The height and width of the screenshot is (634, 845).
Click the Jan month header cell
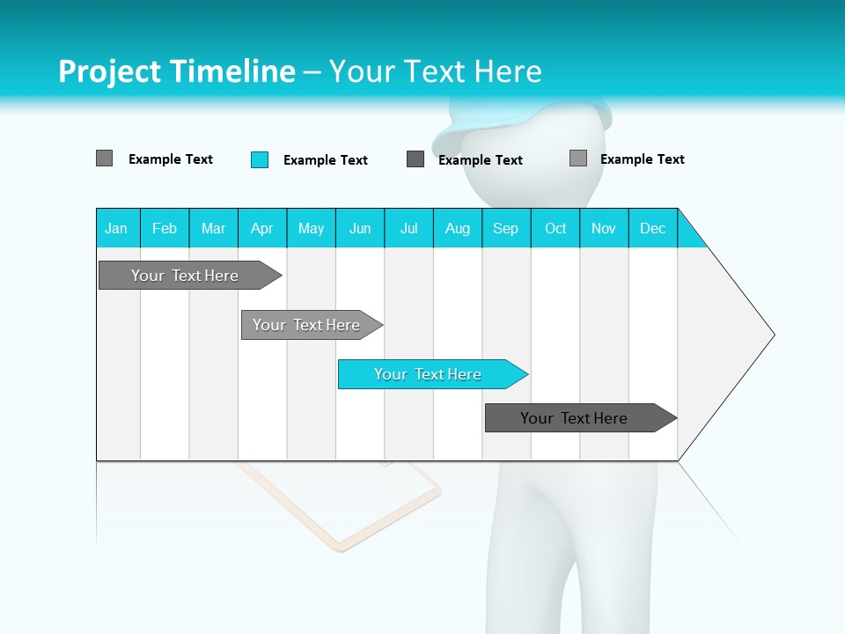tap(117, 228)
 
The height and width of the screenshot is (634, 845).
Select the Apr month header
tap(262, 228)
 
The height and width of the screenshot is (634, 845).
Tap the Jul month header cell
tap(408, 228)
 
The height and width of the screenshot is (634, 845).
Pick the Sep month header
tap(506, 228)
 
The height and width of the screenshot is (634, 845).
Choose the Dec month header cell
tap(652, 228)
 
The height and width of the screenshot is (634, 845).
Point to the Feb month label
tap(165, 228)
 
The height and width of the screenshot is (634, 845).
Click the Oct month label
tap(555, 228)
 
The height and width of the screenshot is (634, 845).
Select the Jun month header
tap(360, 228)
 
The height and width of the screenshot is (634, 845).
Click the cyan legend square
tap(260, 159)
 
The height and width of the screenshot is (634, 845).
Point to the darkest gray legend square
tap(415, 159)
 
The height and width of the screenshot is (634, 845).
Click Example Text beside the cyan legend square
tap(325, 160)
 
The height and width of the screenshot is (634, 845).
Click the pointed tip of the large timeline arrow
tap(772, 335)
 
